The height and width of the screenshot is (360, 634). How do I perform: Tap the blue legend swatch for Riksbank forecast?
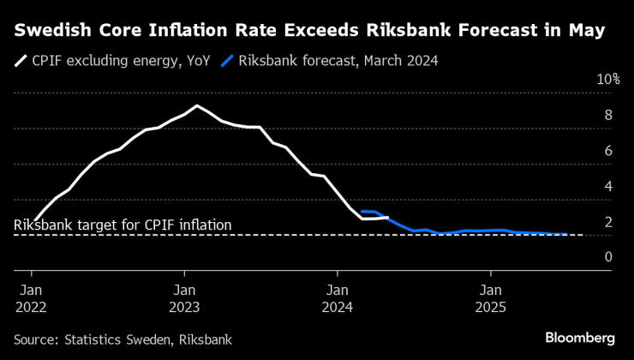227,62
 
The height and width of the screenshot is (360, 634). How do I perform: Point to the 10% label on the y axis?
607,80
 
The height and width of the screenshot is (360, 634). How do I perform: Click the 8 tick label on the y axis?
608,116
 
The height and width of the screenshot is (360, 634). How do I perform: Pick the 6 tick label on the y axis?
608,151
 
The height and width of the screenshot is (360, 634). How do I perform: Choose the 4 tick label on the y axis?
608,186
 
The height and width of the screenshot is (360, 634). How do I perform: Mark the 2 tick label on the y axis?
608,222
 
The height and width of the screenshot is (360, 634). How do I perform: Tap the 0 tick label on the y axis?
608,257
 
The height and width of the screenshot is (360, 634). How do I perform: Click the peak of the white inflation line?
197,105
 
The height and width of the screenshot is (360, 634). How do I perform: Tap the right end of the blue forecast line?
567,234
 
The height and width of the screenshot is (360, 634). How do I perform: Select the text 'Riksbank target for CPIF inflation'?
123,225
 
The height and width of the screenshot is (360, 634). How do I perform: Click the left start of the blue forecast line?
362,211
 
